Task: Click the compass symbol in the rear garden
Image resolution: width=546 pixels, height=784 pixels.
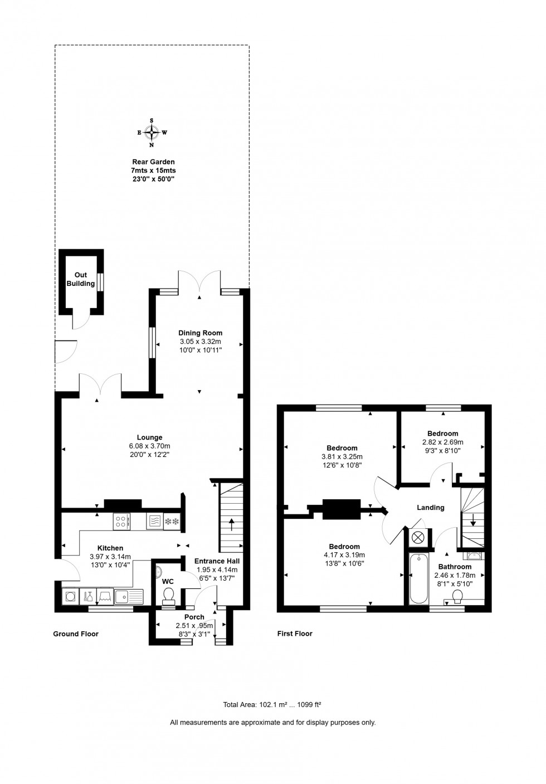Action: (x=152, y=132)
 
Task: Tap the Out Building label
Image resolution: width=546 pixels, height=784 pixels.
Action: (x=81, y=279)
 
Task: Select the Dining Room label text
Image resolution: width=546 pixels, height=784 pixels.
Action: (x=200, y=333)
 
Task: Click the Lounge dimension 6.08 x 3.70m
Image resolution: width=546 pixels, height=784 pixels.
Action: (x=149, y=446)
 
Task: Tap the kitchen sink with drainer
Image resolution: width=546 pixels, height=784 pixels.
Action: (x=129, y=597)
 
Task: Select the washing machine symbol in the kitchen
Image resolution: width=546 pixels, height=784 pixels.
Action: (x=71, y=596)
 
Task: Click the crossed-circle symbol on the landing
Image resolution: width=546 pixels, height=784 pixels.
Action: (x=418, y=537)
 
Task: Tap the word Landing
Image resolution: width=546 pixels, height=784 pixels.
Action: (x=431, y=508)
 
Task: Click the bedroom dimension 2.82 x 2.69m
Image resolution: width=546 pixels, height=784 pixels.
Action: (x=442, y=442)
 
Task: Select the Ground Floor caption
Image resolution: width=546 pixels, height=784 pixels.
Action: (x=76, y=634)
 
